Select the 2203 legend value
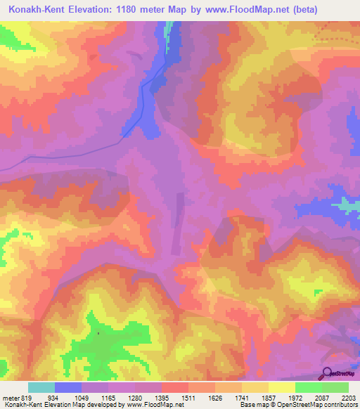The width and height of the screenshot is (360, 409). coord(348,397)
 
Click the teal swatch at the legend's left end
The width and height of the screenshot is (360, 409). coord(41,387)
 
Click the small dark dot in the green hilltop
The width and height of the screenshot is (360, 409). coord(98,333)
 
